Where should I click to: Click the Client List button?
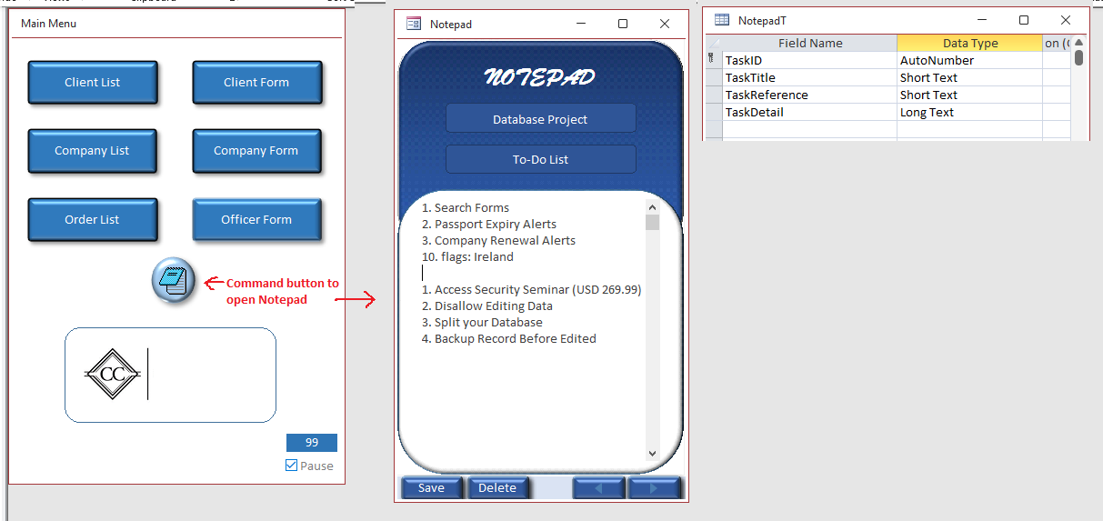(93, 82)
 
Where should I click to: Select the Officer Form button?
(256, 220)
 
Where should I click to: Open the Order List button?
(93, 220)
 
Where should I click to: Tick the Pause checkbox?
(292, 466)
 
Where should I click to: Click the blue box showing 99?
(312, 442)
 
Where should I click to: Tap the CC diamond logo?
(113, 375)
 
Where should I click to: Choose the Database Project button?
(541, 118)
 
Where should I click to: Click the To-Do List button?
(541, 159)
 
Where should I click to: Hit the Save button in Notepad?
(431, 487)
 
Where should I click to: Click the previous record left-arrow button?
(598, 487)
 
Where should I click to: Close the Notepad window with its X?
(665, 24)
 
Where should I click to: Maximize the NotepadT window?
(1024, 20)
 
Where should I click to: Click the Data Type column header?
(969, 44)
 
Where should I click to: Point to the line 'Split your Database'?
(482, 322)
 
